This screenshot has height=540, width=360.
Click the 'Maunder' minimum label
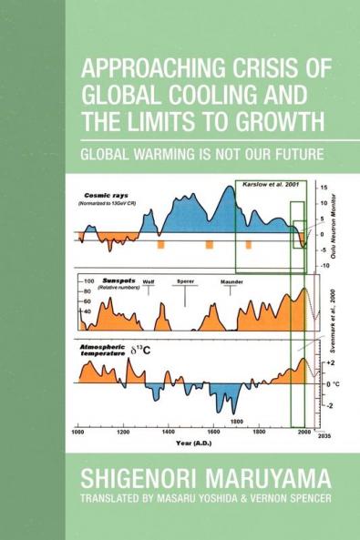coord(231,282)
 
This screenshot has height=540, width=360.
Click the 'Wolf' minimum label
coord(148,282)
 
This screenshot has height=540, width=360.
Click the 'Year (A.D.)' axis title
coord(196,443)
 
